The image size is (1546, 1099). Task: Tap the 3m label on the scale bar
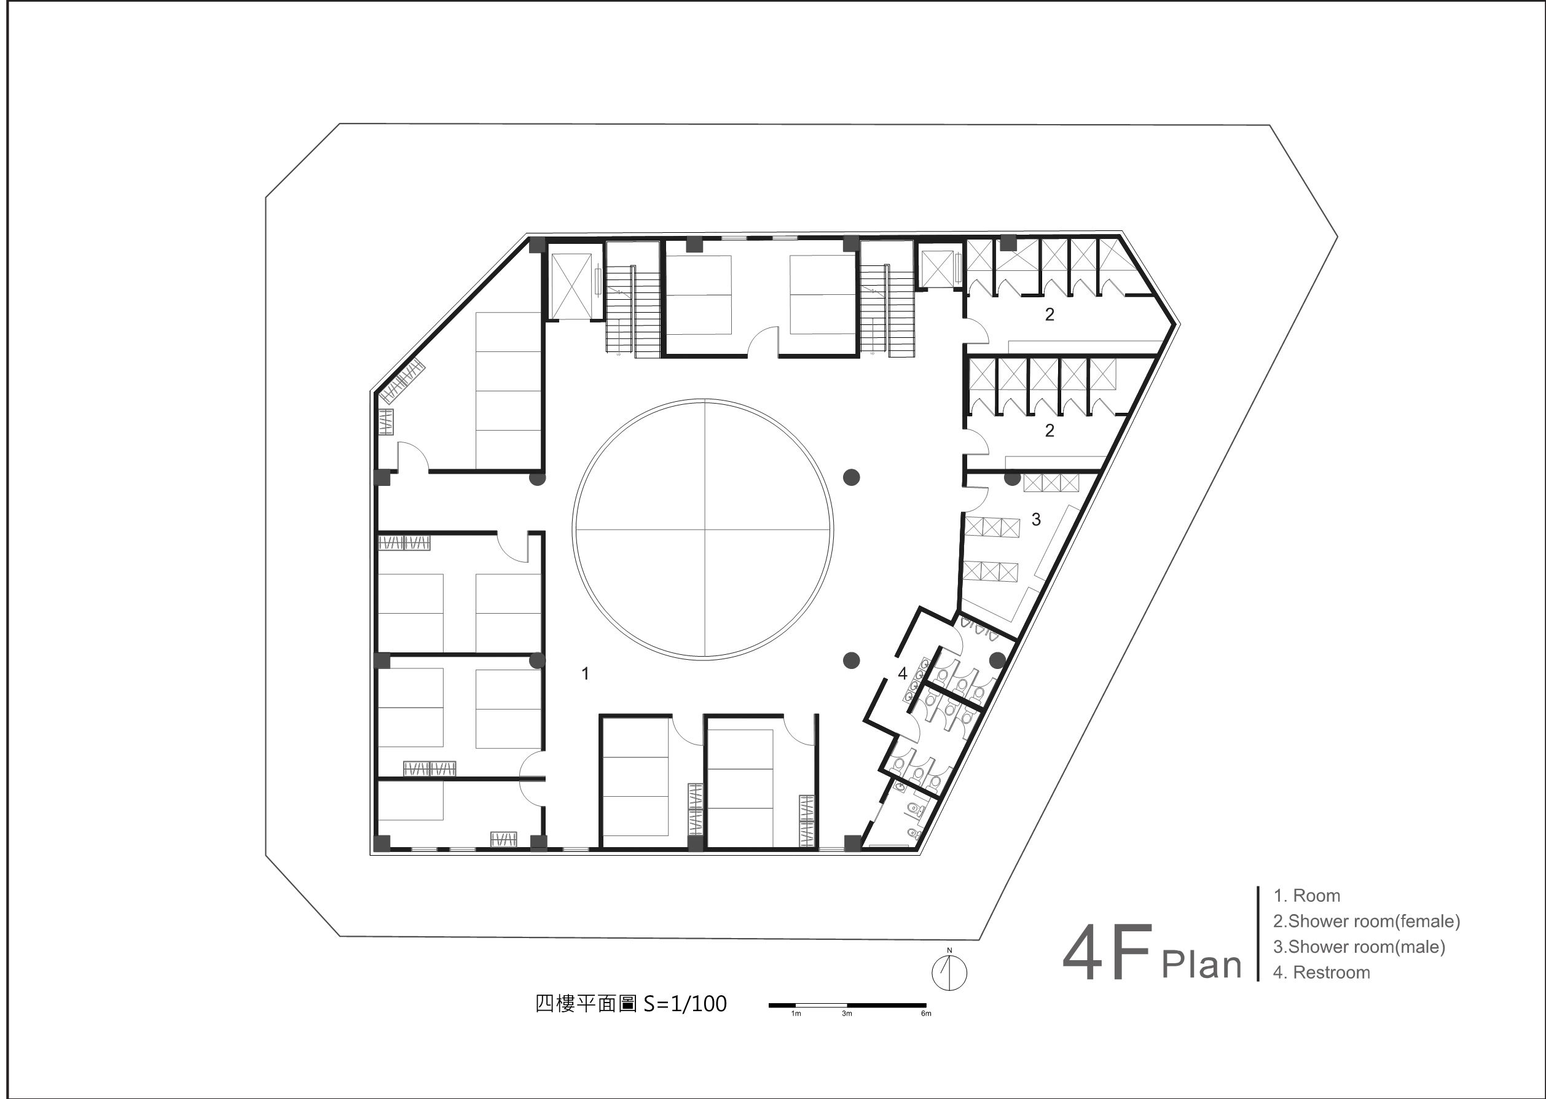pos(847,1014)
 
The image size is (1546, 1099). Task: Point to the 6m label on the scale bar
pos(926,1014)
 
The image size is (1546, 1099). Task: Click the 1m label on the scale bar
pos(796,1014)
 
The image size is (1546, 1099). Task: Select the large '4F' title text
pos(1107,953)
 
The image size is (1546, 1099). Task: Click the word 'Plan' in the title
pos(1201,966)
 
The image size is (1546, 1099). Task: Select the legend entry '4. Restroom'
pos(1321,972)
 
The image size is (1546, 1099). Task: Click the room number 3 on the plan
pos(1035,519)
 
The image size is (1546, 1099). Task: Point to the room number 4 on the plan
pos(902,673)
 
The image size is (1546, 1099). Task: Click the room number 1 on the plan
pos(586,673)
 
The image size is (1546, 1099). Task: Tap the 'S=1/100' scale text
pos(685,1003)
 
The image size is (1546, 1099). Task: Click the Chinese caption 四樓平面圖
pos(586,1003)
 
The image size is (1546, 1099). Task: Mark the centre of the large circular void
pos(704,529)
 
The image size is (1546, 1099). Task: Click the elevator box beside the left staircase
pos(571,285)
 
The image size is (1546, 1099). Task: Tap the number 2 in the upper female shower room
pos(1049,314)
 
